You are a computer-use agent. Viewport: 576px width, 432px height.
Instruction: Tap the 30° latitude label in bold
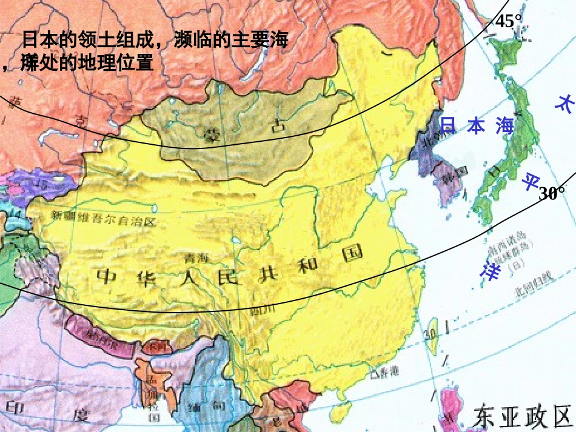click(x=552, y=193)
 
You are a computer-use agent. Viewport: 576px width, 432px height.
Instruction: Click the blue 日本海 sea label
click(x=477, y=126)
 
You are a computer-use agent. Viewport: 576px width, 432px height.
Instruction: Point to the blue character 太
click(x=563, y=103)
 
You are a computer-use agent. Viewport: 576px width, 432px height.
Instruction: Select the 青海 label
click(x=196, y=258)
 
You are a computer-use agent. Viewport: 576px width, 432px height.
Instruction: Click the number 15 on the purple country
click(x=42, y=183)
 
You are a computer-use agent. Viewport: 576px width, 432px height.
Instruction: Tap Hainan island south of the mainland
click(x=344, y=412)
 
